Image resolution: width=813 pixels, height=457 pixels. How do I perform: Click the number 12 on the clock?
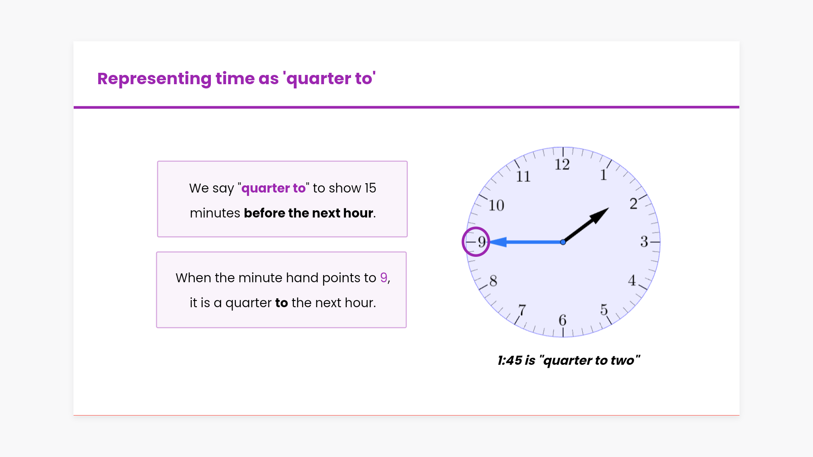tap(562, 165)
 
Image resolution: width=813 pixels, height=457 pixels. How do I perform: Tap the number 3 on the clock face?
tap(644, 242)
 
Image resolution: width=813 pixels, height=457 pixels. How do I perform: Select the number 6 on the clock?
tap(562, 320)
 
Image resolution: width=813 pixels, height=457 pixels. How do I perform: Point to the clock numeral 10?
tap(496, 206)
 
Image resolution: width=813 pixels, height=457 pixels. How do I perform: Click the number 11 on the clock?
tap(523, 176)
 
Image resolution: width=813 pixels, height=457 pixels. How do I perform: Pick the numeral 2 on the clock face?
tap(633, 204)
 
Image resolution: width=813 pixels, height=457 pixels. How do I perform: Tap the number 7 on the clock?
tap(522, 310)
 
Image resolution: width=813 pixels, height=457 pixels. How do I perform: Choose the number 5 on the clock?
tap(604, 310)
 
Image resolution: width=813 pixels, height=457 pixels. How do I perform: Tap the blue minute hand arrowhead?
tap(498, 242)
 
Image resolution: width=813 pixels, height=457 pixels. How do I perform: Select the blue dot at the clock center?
tap(563, 242)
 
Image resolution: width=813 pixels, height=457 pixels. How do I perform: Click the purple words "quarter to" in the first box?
tap(273, 188)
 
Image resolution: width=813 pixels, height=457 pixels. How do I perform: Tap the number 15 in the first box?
tap(370, 188)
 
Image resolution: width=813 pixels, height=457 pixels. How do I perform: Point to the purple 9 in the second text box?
tap(384, 278)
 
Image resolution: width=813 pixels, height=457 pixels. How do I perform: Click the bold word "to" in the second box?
tap(282, 303)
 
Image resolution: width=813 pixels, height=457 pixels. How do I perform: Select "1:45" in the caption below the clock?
tap(510, 361)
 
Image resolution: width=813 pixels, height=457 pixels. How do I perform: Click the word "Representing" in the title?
tap(155, 79)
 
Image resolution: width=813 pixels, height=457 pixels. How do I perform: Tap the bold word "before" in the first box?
tap(264, 213)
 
